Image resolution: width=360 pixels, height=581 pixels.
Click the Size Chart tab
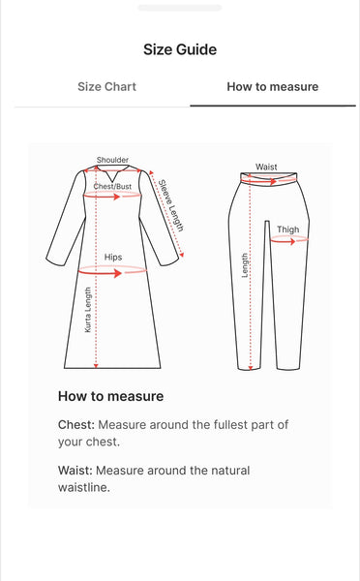(x=106, y=86)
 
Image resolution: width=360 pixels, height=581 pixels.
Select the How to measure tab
(x=272, y=86)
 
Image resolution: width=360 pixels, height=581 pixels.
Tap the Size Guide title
(x=180, y=49)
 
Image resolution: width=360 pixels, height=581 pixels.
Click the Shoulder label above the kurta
(x=112, y=160)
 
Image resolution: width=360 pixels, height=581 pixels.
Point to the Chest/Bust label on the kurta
(x=112, y=186)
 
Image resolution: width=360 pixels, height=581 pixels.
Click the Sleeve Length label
(x=170, y=204)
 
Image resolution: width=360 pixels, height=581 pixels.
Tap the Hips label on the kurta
(x=113, y=258)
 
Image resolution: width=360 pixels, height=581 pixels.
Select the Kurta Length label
(x=88, y=312)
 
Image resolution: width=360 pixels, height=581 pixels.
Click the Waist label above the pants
(x=266, y=167)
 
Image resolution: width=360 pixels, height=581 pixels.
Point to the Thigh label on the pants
(x=287, y=229)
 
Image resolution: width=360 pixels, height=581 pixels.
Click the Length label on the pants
(x=245, y=266)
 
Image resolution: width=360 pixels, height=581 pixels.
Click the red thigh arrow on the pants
(x=288, y=241)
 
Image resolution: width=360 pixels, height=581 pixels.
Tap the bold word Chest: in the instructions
(x=76, y=424)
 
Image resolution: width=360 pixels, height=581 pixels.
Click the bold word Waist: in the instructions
(x=76, y=470)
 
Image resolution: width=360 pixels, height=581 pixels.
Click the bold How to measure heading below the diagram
(x=110, y=396)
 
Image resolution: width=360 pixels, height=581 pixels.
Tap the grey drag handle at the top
(x=180, y=8)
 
